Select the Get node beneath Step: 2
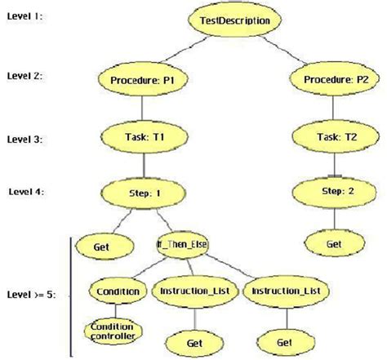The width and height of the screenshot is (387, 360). click(332, 244)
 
